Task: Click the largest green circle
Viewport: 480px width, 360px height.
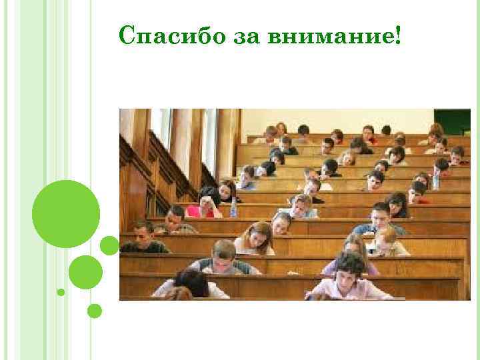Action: pyautogui.click(x=66, y=214)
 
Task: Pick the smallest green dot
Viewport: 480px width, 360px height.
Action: pyautogui.click(x=61, y=292)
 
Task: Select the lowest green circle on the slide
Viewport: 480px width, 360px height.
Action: pyautogui.click(x=95, y=311)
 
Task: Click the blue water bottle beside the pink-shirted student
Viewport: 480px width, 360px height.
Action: pyautogui.click(x=233, y=207)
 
